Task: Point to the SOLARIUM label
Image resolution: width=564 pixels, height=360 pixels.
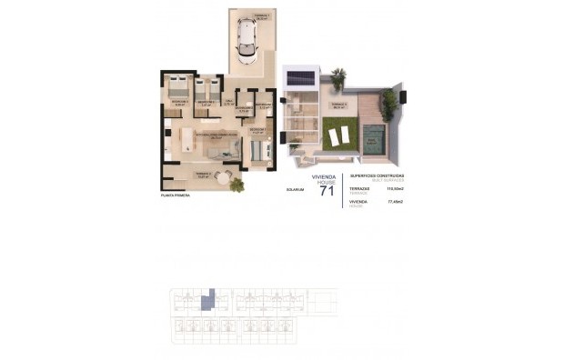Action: point(294,191)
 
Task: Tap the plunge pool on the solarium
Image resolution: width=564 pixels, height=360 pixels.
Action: point(372,139)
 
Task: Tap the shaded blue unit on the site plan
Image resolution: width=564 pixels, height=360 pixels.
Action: point(207,297)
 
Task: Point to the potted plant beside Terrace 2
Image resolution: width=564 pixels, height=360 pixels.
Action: point(237,185)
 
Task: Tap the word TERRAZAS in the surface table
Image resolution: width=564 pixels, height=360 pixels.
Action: point(359,188)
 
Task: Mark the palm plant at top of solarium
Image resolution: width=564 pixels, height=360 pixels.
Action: point(338,78)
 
